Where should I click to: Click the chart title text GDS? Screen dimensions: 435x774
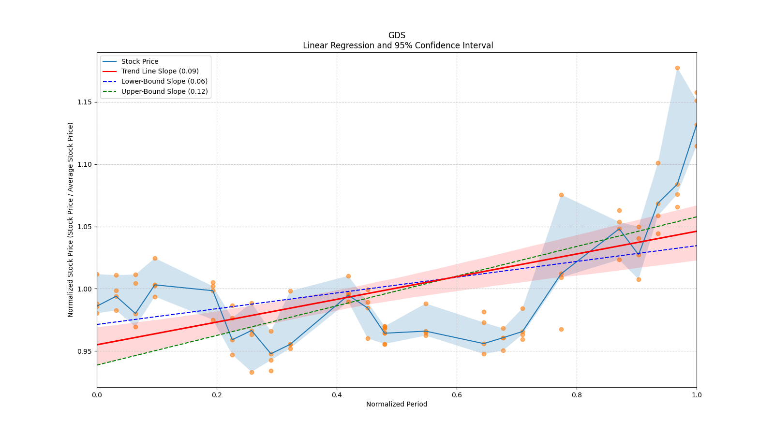tap(397, 35)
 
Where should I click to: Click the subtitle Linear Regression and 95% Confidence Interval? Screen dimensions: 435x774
tap(398, 45)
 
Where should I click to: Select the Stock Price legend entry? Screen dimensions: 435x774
tap(140, 61)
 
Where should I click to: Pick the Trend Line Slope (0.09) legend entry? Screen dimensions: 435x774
tap(160, 71)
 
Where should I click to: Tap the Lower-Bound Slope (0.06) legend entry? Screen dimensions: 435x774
tap(164, 81)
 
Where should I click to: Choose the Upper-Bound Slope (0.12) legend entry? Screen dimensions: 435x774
tap(164, 91)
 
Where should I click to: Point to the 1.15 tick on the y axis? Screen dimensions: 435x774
tap(85, 102)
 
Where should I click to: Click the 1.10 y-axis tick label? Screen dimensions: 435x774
tap(85, 164)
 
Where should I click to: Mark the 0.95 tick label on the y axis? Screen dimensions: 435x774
tap(85, 351)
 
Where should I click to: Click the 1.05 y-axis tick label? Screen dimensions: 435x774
tap(85, 227)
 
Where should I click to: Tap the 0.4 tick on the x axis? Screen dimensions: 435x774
tap(337, 395)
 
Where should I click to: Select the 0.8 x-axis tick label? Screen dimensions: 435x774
tap(577, 395)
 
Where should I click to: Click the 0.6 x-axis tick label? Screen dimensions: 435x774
tap(457, 395)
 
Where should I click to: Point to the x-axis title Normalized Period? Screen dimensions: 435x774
tap(397, 404)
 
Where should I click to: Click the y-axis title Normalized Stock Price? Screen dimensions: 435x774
tap(71, 219)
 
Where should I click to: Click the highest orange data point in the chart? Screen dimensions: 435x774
tap(677, 68)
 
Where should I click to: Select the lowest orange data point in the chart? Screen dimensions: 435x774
tap(252, 372)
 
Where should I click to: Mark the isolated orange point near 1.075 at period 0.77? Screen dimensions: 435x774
tap(561, 195)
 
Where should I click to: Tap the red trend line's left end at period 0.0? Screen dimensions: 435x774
tap(97, 345)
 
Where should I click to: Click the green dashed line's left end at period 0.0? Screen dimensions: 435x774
tap(97, 365)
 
